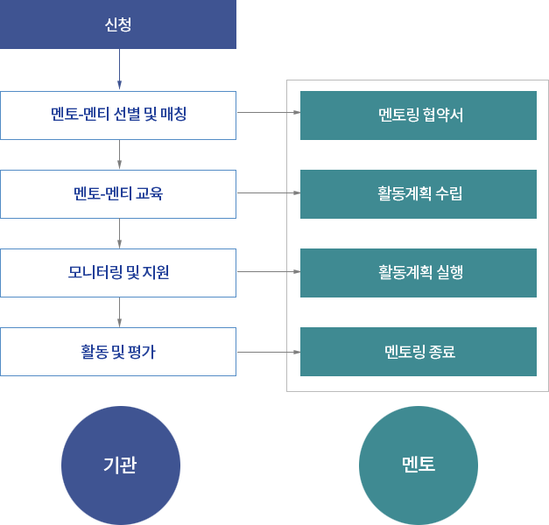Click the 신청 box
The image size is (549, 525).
118,24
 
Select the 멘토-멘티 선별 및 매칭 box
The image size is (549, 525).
118,115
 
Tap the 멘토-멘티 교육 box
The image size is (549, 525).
118,194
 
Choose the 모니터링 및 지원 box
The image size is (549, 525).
118,273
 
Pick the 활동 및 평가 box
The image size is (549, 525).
118,352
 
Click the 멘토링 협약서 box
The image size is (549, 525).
419,115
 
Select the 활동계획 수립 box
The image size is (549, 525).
419,193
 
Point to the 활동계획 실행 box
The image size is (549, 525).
419,272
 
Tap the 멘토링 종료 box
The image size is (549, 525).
419,352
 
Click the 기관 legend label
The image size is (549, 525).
121,465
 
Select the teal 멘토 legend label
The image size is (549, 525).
419,465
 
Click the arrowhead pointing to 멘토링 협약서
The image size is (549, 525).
297,113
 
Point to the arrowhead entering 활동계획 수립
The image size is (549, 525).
297,192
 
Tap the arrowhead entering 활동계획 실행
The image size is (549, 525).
297,272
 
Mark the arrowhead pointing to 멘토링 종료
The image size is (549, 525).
297,352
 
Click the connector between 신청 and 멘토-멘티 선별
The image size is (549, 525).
119,70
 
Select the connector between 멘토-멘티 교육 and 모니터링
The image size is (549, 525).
119,234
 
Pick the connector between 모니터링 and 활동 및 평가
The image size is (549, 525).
119,312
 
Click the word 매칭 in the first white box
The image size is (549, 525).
173,115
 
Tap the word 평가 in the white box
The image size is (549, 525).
142,352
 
